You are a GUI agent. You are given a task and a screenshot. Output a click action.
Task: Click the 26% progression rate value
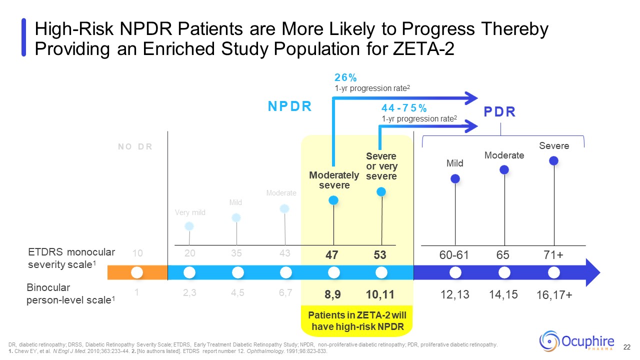click(345, 78)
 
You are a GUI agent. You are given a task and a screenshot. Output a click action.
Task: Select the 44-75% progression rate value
click(404, 108)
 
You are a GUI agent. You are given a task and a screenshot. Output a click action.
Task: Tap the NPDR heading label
click(290, 106)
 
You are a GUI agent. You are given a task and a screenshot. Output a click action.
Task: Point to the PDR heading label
click(499, 112)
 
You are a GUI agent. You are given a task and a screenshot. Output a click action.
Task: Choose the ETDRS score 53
click(380, 255)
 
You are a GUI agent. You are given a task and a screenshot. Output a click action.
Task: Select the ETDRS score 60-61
click(454, 255)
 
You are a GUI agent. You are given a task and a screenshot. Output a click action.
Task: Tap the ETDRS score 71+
click(553, 255)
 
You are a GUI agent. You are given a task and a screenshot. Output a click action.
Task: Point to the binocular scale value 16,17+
click(554, 296)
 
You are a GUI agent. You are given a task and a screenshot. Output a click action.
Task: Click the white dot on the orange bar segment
click(137, 272)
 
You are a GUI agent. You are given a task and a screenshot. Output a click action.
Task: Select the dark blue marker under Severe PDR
click(553, 160)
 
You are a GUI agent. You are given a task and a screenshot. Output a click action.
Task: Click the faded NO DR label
click(135, 147)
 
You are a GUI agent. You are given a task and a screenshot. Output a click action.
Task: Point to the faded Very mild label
click(190, 212)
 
